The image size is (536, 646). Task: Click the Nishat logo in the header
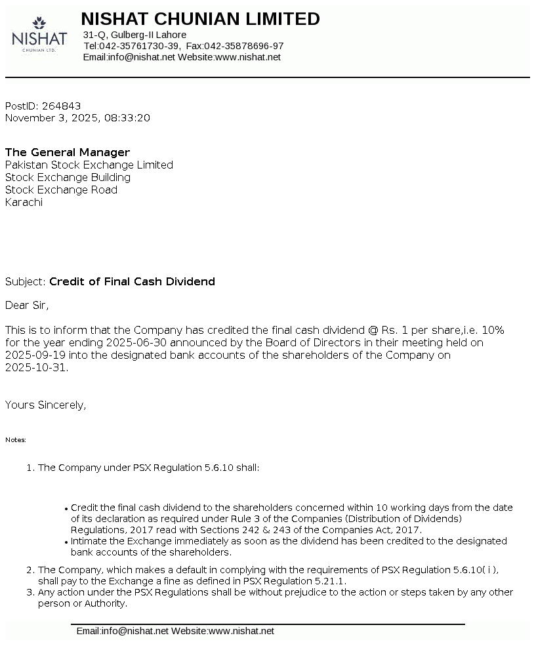tap(39, 35)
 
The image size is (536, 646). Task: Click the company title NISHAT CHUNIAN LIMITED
tap(200, 19)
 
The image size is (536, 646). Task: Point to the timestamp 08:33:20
tap(127, 118)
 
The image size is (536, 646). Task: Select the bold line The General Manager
tap(68, 153)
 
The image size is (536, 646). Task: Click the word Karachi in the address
tap(24, 203)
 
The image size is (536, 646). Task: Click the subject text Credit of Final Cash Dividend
tap(132, 282)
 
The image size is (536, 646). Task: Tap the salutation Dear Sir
tap(27, 305)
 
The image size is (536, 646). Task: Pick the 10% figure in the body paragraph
tap(493, 330)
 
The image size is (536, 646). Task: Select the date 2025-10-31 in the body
tap(35, 367)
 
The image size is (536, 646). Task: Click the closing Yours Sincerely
tap(45, 405)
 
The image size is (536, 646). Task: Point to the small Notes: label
tap(16, 440)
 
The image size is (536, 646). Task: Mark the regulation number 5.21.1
tap(330, 581)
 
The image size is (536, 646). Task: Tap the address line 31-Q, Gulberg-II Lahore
tap(134, 35)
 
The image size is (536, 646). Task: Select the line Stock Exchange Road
tap(61, 190)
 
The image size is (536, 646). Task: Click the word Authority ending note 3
tap(104, 603)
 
